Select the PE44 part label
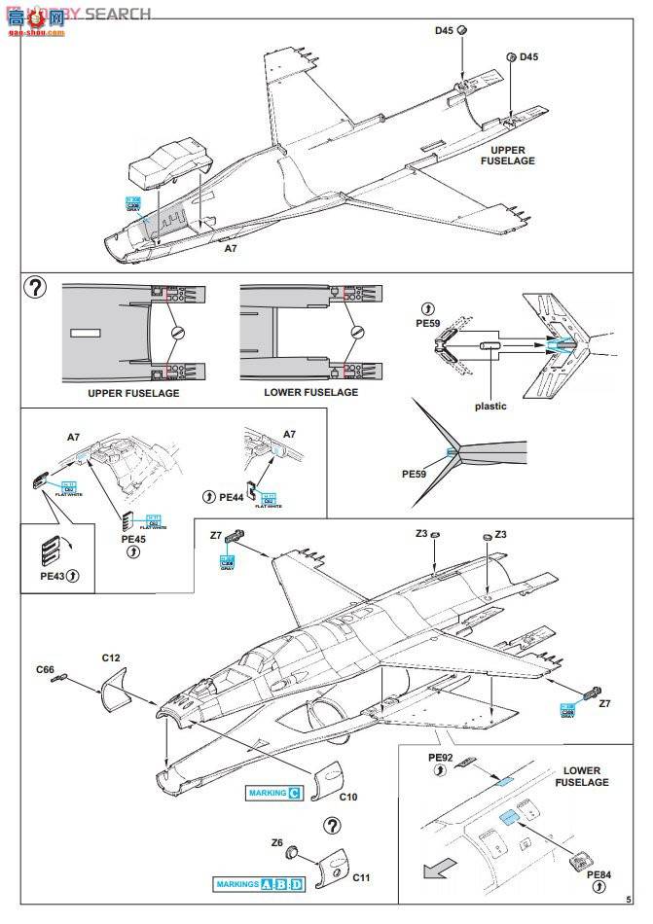click(231, 497)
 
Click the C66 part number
click(46, 670)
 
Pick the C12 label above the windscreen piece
click(111, 658)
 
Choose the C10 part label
click(349, 798)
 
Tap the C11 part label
click(361, 878)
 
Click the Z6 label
click(277, 843)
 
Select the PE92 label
click(442, 756)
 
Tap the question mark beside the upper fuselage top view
click(36, 288)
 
